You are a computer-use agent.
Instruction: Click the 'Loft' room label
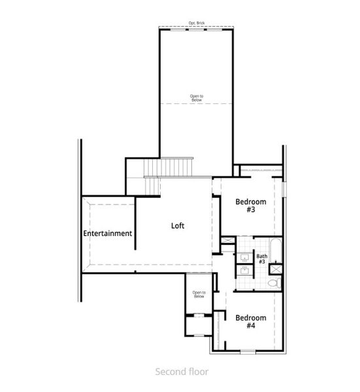coord(178,226)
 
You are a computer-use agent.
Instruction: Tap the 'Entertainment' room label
coord(108,233)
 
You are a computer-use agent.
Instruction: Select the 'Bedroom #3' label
coord(250,206)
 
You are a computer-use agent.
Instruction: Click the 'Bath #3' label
coord(261,259)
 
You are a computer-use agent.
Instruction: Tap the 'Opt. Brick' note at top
coord(197,24)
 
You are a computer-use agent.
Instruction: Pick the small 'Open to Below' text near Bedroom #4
coord(199,295)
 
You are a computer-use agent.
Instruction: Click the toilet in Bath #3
coord(277,283)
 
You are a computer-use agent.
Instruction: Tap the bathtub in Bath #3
coord(277,252)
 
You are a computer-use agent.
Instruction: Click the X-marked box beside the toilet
coord(276,267)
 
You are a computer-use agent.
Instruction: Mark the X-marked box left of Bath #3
coord(227,240)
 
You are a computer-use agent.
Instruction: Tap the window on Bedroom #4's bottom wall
coord(248,351)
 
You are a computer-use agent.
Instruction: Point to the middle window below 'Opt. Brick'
coord(197,29)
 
